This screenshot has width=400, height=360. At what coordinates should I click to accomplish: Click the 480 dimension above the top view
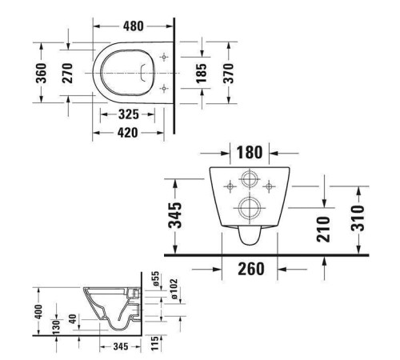pyautogui.click(x=134, y=26)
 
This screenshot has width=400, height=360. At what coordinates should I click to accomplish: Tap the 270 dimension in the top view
pyautogui.click(x=68, y=73)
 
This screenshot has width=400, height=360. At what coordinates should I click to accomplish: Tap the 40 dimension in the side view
pyautogui.click(x=73, y=321)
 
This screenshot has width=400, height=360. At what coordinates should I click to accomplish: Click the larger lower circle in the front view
pyautogui.click(x=249, y=210)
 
